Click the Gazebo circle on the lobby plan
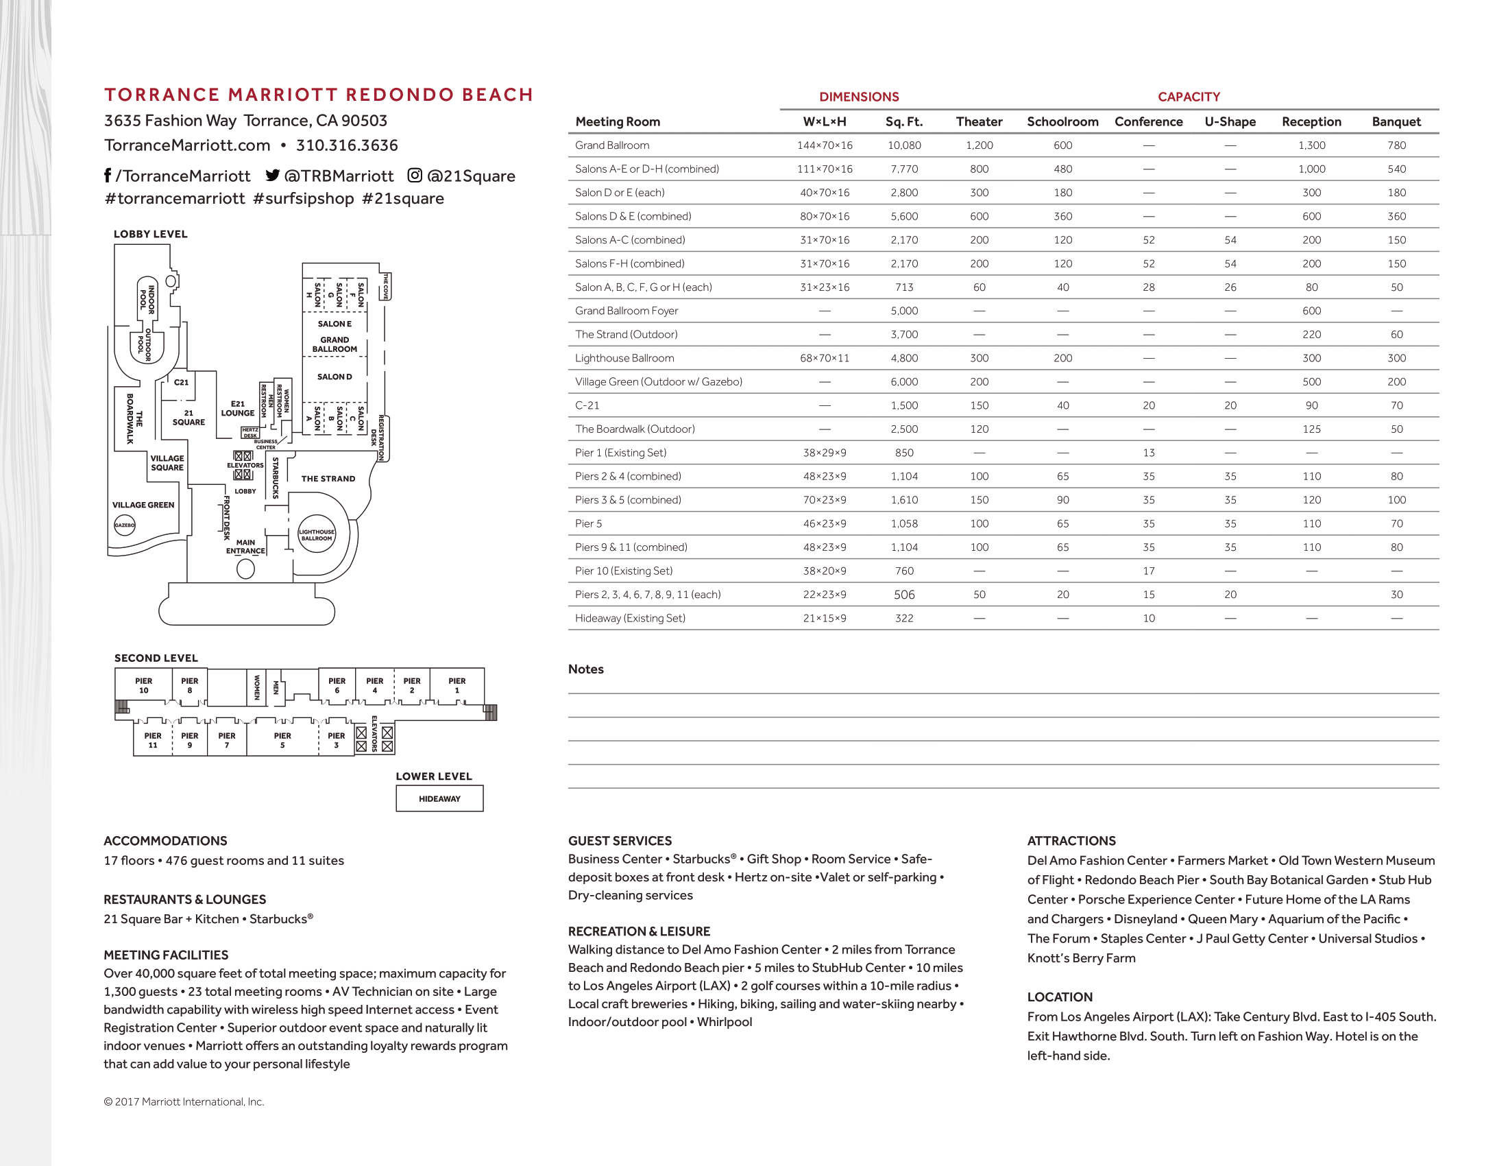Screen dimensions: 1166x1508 point(125,525)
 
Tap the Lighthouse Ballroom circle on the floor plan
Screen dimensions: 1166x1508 point(317,535)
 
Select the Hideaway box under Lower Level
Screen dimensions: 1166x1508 point(439,798)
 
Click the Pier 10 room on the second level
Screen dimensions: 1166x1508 point(144,685)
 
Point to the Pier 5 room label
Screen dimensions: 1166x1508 point(282,740)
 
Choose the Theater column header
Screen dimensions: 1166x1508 point(978,121)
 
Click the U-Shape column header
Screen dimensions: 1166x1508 point(1230,121)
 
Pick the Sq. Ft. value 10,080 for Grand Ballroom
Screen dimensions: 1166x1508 point(904,145)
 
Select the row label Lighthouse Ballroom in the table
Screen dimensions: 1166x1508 point(624,358)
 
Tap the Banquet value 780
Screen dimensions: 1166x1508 point(1396,145)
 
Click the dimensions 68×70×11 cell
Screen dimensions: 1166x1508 point(825,358)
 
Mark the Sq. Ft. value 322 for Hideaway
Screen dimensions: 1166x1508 point(904,618)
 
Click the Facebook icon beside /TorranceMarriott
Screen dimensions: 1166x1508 point(108,176)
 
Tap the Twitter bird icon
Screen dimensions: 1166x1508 point(273,176)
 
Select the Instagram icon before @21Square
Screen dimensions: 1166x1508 point(414,176)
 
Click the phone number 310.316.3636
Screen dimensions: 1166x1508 point(347,145)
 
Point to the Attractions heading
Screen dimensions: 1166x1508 point(1071,841)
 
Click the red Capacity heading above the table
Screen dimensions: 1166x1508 point(1189,97)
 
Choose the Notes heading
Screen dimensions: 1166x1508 point(585,669)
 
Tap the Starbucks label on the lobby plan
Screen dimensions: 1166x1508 point(276,477)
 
